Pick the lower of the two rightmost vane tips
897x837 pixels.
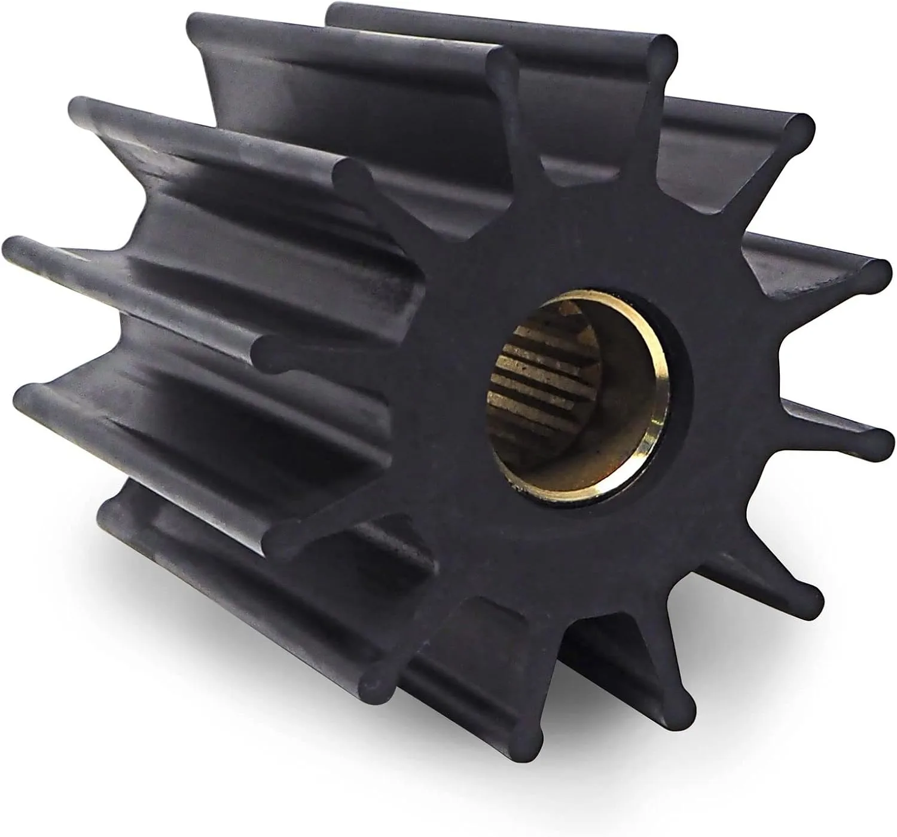[879, 442]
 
